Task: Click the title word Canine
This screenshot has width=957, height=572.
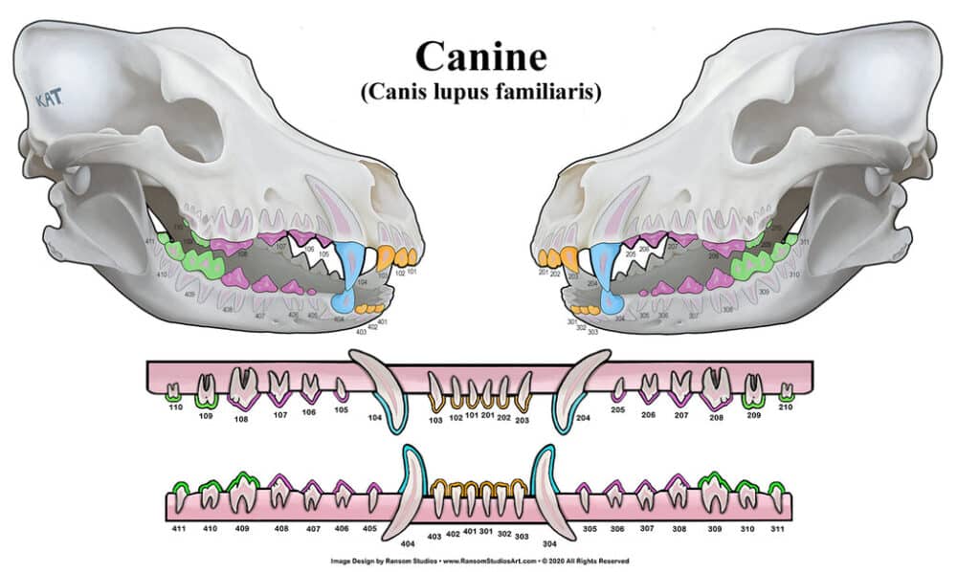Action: tap(479, 56)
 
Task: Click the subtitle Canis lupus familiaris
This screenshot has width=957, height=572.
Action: tap(479, 93)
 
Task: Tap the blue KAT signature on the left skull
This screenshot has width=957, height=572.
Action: tap(48, 99)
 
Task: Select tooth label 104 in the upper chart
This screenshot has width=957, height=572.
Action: tap(374, 419)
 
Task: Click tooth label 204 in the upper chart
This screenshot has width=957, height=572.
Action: tap(583, 419)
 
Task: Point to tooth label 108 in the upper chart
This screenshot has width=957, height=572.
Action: tap(241, 418)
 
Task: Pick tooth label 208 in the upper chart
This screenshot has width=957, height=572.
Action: tap(716, 418)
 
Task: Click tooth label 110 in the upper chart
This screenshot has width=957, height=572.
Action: tap(174, 407)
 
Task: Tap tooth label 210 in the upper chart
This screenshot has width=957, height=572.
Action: tap(785, 407)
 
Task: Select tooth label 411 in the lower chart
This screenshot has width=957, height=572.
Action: tap(178, 528)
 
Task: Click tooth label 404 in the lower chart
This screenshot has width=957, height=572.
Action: tap(408, 542)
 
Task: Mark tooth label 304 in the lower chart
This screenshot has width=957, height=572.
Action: tap(549, 542)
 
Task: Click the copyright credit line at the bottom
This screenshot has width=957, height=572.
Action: tap(478, 561)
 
